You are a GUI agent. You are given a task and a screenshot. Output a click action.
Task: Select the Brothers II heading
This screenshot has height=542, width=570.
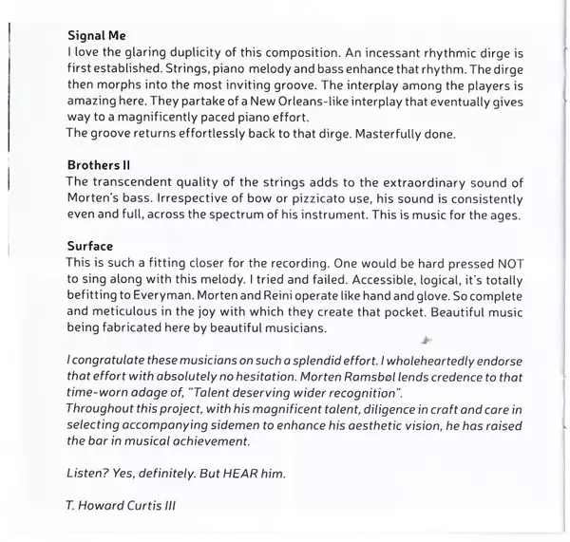(x=105, y=164)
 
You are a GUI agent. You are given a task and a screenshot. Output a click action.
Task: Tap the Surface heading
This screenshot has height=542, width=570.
(x=94, y=246)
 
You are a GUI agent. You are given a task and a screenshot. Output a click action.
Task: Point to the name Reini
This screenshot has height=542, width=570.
(x=295, y=296)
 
